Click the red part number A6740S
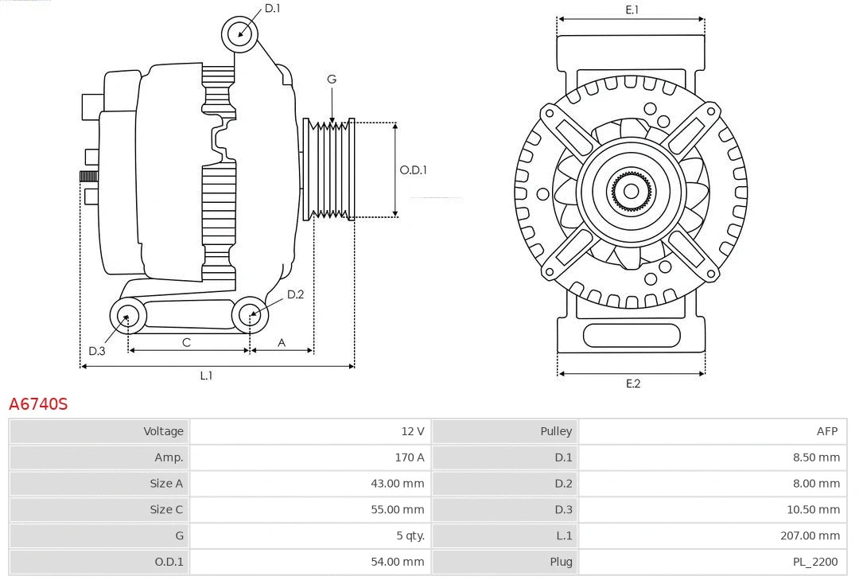click(38, 404)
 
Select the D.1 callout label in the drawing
click(272, 8)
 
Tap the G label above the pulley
click(332, 79)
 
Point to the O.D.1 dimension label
click(413, 169)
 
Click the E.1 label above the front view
click(632, 10)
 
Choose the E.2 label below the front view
click(632, 383)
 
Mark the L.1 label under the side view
click(206, 376)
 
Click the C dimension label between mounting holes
click(186, 342)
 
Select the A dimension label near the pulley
click(281, 342)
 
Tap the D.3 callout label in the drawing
click(96, 351)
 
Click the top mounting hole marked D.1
click(239, 33)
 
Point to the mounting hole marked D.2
click(250, 315)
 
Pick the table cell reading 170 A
click(409, 457)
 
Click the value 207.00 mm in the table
click(810, 536)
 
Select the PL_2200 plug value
click(815, 562)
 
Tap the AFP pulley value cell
click(826, 431)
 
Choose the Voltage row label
click(163, 431)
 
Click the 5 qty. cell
click(410, 536)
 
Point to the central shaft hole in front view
click(631, 191)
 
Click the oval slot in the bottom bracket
click(632, 335)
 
